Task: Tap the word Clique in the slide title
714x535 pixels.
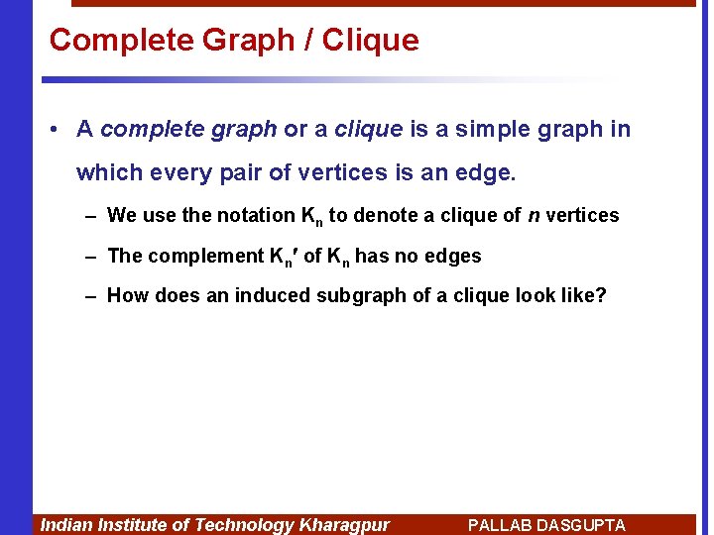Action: coord(370,41)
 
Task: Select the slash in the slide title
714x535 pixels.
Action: coord(308,41)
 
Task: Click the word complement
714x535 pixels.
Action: coord(206,256)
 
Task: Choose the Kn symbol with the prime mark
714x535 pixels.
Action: coord(284,257)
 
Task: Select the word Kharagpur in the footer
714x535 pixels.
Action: coord(344,525)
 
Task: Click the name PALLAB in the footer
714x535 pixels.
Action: coord(498,525)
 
